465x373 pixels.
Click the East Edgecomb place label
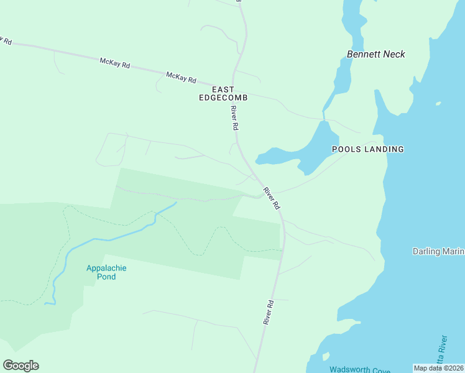coord(223,94)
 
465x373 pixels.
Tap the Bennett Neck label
coord(376,54)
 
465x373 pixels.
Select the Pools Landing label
coord(367,149)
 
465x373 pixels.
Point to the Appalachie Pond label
coord(106,272)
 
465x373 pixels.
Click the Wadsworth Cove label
coord(360,369)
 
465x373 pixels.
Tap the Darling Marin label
coord(438,251)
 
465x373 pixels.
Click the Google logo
coord(21,366)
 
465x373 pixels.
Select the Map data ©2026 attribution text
coord(439,368)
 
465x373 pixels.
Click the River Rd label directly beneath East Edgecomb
coord(234,118)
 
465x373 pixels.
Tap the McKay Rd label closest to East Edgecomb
coord(181,77)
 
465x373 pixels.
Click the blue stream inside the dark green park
coord(112,238)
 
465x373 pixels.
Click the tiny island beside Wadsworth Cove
coord(325,356)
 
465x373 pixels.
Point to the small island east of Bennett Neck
coord(438,104)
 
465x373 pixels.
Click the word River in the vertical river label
coord(443,341)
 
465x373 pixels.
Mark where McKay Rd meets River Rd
coord(236,88)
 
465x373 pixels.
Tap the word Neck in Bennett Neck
coord(394,54)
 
